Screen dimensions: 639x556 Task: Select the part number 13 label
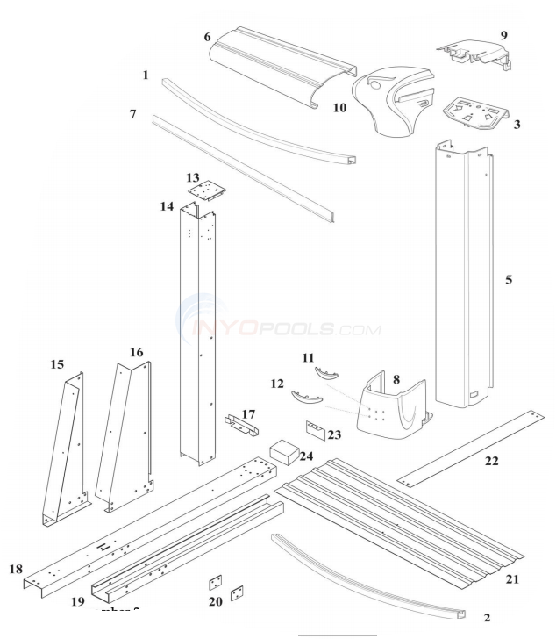(192, 177)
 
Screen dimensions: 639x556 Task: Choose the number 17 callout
(249, 413)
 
